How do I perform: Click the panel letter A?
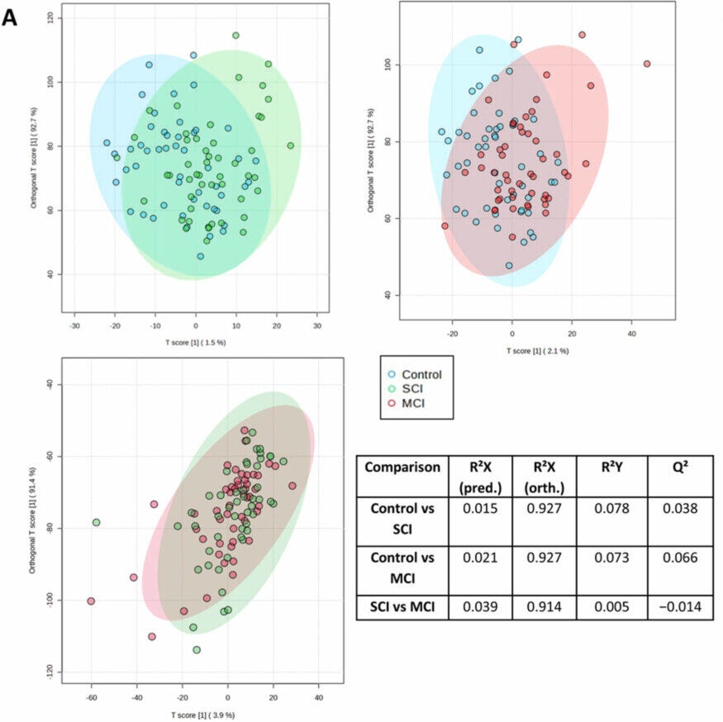pyautogui.click(x=11, y=17)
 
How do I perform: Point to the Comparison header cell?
pyautogui.click(x=402, y=467)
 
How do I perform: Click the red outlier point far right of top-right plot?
pyautogui.click(x=647, y=64)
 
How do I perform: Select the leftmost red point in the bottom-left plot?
pyautogui.click(x=91, y=601)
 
